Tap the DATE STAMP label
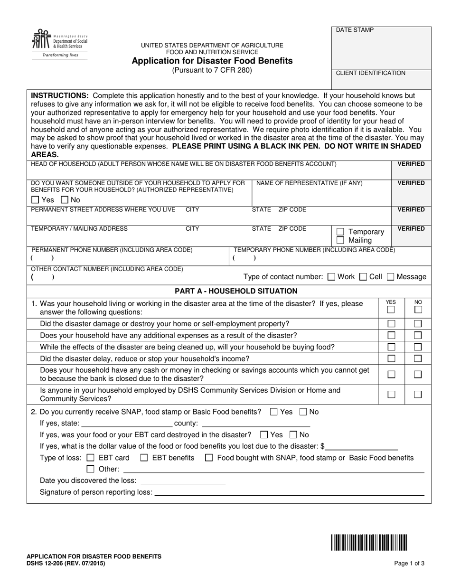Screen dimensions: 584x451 tap(355, 30)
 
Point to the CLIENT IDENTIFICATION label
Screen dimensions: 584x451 tap(370, 73)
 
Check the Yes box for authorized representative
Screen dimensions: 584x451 tap(35, 200)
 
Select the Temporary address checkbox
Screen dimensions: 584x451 tap(340, 232)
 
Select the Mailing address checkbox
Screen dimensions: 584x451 tap(340, 240)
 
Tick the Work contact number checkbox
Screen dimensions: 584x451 tap(331, 277)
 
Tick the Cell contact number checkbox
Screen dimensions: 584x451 tap(363, 277)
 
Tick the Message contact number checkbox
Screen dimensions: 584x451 tap(391, 277)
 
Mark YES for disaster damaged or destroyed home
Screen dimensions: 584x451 tap(391, 324)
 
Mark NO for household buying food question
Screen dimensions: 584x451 tap(418, 347)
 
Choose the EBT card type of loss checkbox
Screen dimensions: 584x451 tap(91, 458)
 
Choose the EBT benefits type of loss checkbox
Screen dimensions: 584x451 tap(144, 458)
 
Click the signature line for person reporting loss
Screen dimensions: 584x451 tap(289, 493)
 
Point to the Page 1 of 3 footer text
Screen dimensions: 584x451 tap(409, 564)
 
